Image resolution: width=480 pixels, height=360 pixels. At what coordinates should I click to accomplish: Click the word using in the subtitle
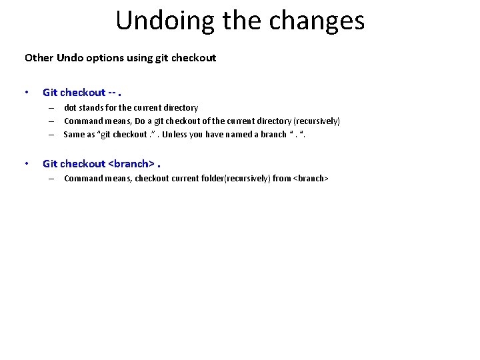pyautogui.click(x=138, y=58)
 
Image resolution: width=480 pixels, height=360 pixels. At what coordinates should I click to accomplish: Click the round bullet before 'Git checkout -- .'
pyautogui.click(x=26, y=93)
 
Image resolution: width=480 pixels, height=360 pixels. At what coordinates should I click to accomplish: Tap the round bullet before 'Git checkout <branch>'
pyautogui.click(x=26, y=163)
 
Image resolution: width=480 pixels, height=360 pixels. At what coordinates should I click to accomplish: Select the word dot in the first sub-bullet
pyautogui.click(x=71, y=107)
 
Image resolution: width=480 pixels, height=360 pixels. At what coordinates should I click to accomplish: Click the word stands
pyautogui.click(x=92, y=107)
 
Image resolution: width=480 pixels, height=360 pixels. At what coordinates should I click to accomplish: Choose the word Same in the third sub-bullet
pyautogui.click(x=75, y=134)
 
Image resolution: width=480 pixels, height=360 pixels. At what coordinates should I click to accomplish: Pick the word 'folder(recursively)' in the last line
pyautogui.click(x=231, y=178)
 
